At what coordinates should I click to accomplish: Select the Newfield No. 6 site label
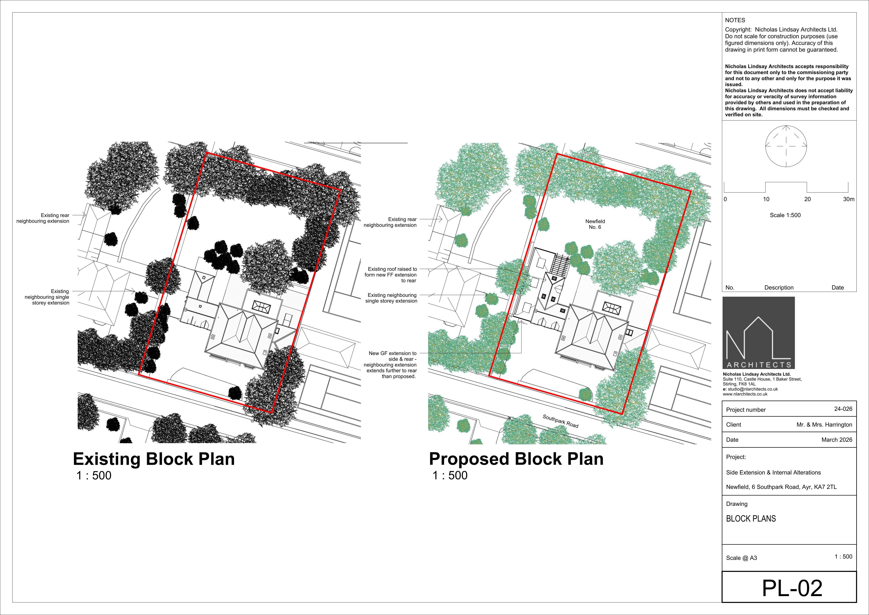pos(595,224)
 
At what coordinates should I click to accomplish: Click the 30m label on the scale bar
pos(849,199)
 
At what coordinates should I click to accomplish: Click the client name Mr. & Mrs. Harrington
pos(824,425)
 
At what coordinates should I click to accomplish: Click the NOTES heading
pos(735,20)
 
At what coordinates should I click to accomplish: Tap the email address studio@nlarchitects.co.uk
pos(752,389)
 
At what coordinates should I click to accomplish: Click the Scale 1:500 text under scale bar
pos(785,215)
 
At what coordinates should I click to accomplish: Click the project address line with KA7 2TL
pos(781,487)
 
